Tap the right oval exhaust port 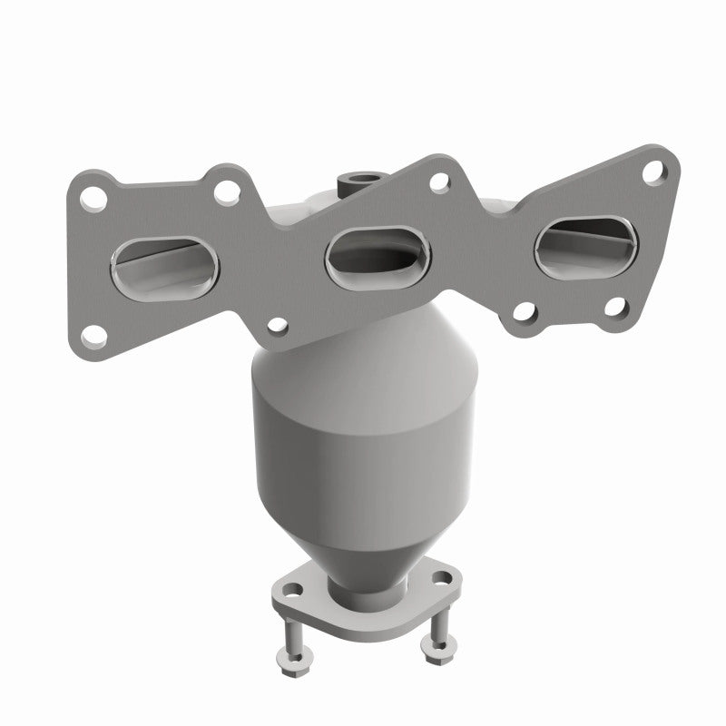(x=578, y=244)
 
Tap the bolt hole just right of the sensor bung (x=438, y=182)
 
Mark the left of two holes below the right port (x=524, y=314)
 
